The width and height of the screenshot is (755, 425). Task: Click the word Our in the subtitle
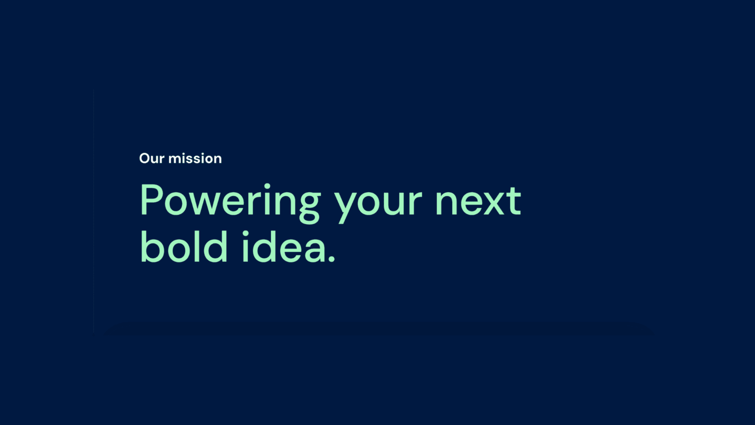[x=152, y=158]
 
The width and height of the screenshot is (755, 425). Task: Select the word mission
[x=195, y=158]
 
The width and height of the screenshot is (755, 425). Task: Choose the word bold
[x=184, y=246]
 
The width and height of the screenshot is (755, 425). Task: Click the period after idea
[x=332, y=258]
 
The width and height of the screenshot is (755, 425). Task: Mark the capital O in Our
[x=145, y=158]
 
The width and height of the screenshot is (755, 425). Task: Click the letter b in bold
[x=152, y=246]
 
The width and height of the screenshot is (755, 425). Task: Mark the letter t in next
[x=516, y=201]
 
